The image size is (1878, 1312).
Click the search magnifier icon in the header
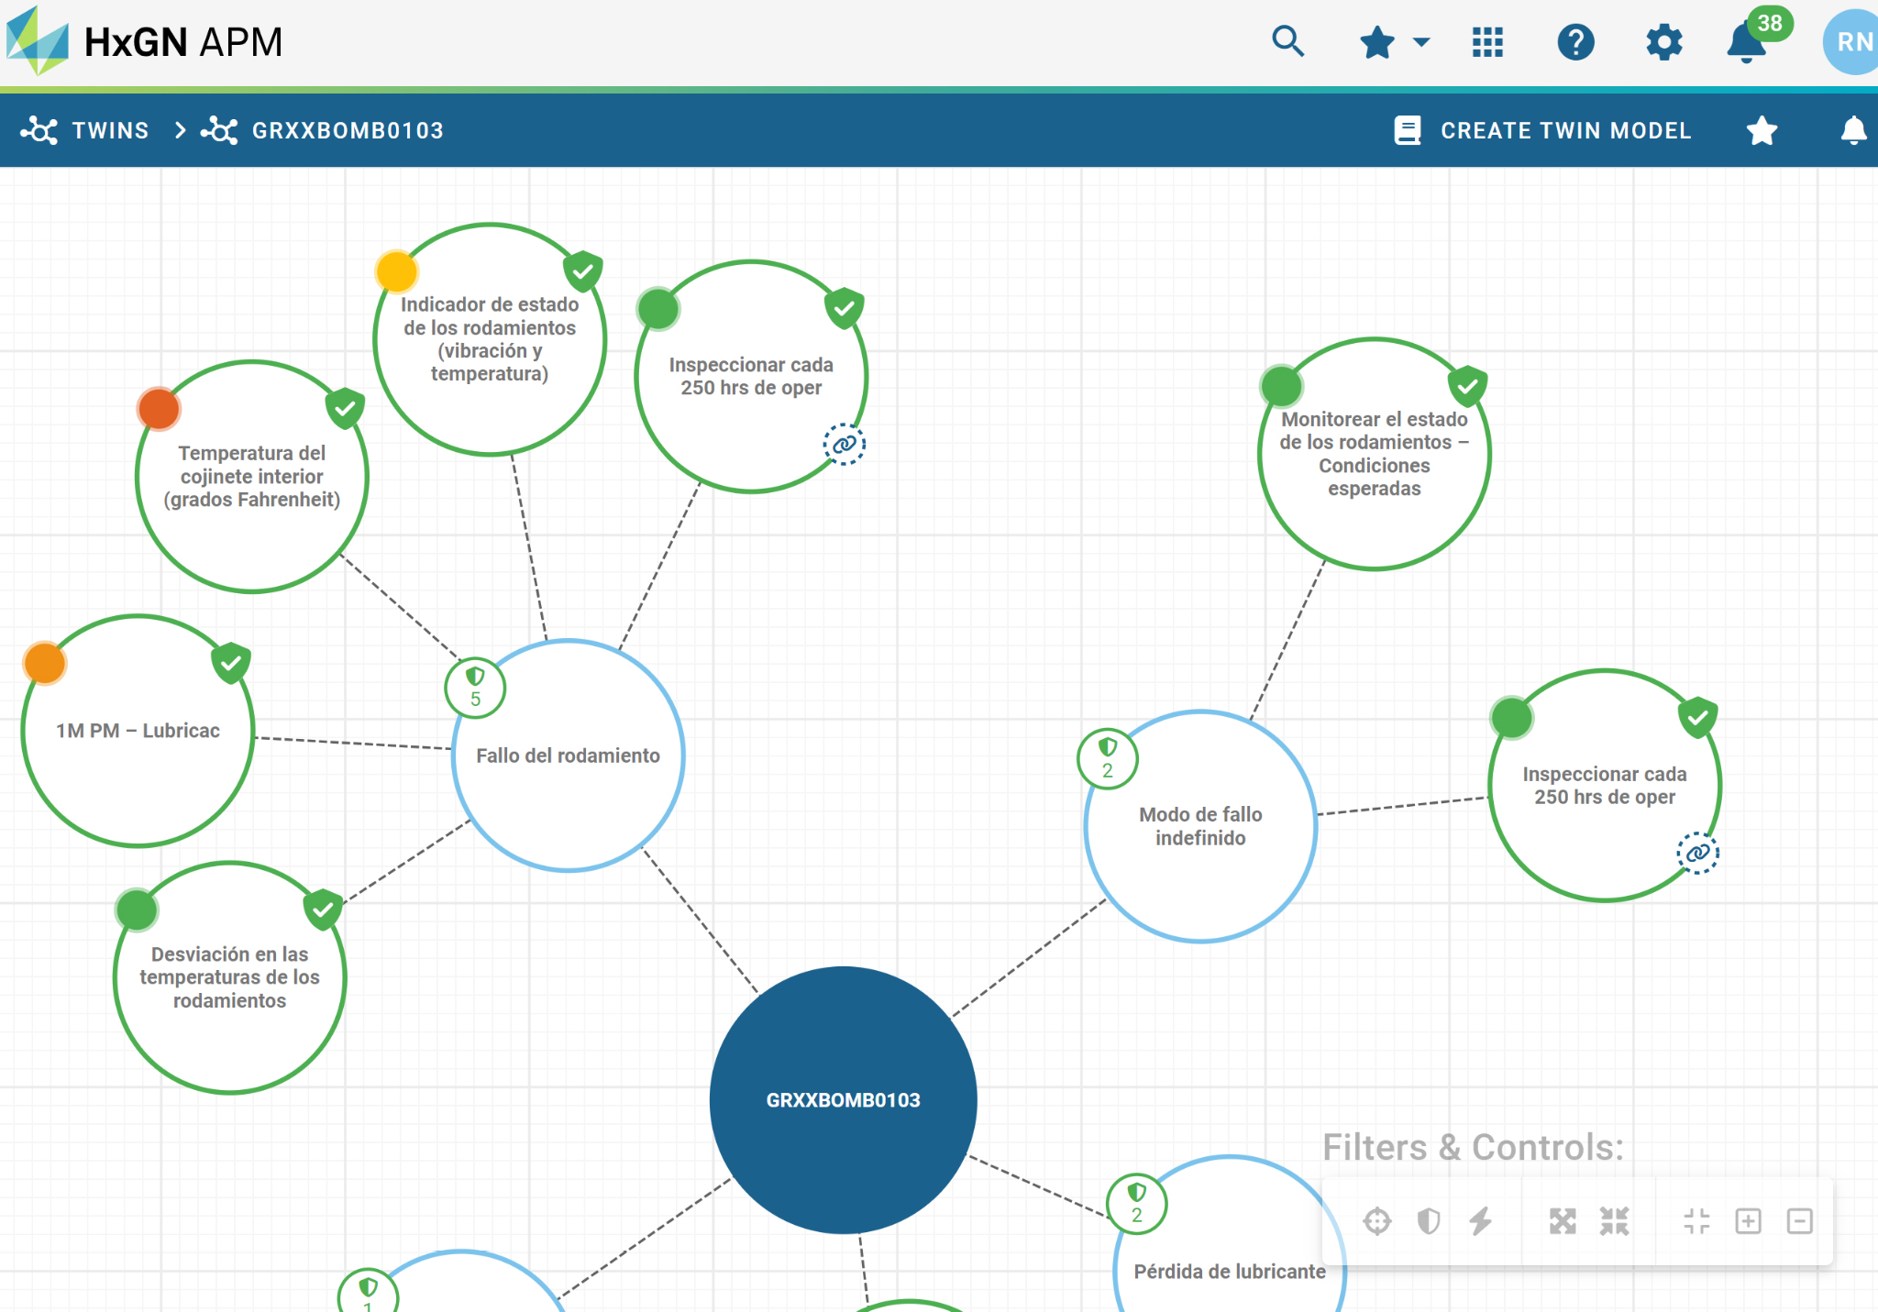click(1287, 41)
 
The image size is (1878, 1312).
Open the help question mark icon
click(1575, 42)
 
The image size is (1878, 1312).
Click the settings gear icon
click(1663, 42)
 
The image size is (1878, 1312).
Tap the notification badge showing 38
click(1770, 23)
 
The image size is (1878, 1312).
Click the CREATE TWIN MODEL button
click(1542, 130)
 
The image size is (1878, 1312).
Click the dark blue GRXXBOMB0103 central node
click(843, 1099)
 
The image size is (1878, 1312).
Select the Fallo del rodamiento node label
click(568, 755)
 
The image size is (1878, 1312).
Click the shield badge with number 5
click(475, 688)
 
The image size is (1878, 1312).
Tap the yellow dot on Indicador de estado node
click(397, 271)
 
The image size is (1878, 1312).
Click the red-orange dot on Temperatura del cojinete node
click(159, 409)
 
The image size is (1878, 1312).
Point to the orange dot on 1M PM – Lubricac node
click(45, 663)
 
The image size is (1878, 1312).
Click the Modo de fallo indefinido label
click(1200, 826)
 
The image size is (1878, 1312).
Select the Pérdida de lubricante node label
click(1230, 1272)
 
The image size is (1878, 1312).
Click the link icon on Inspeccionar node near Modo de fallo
click(1697, 853)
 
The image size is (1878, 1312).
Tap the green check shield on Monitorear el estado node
click(1467, 385)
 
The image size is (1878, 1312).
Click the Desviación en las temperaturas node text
click(229, 977)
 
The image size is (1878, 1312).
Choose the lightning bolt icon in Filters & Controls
click(1480, 1221)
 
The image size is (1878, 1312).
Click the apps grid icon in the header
click(1487, 42)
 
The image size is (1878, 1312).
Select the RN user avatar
click(1852, 42)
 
